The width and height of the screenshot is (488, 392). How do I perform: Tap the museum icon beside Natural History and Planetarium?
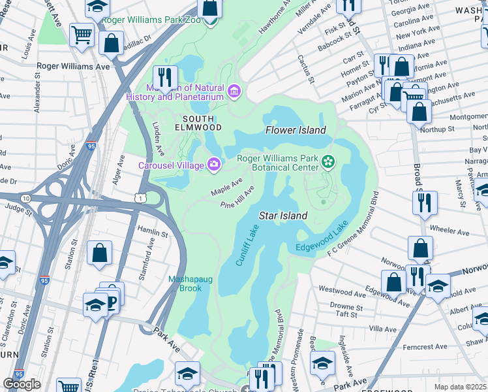click(234, 89)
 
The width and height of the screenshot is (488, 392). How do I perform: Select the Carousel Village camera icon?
click(213, 164)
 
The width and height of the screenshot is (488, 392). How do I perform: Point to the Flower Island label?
click(296, 130)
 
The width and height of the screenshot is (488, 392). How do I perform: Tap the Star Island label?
click(284, 215)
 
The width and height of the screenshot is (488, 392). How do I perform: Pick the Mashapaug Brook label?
click(187, 283)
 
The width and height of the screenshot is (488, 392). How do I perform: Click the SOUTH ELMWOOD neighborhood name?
click(198, 122)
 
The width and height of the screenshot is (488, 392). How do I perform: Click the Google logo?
click(22, 384)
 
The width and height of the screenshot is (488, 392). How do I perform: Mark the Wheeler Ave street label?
click(450, 231)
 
